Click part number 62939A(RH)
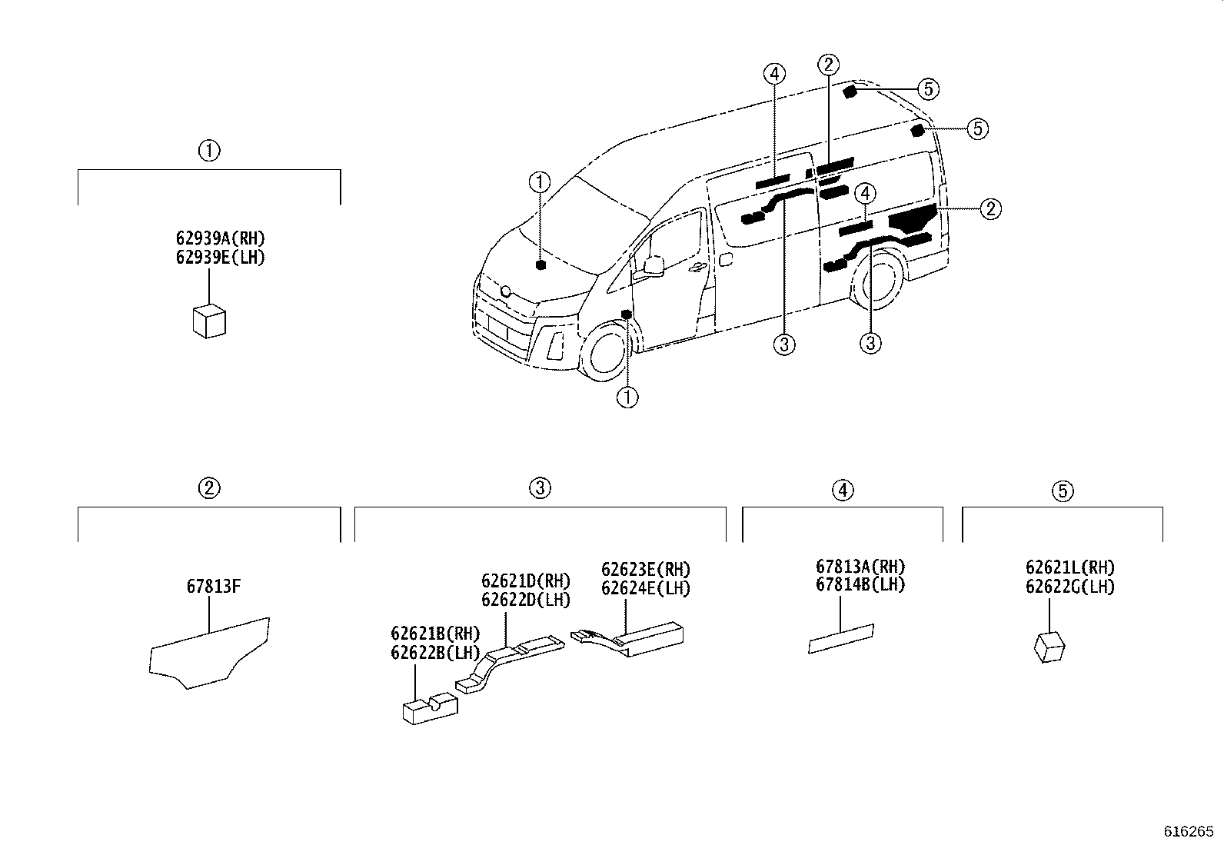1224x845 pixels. click(x=220, y=238)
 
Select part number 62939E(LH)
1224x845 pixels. click(x=220, y=258)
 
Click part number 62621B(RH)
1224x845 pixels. click(x=435, y=634)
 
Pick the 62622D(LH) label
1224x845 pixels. click(x=526, y=600)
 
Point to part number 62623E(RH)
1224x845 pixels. click(x=646, y=570)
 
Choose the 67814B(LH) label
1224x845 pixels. click(x=860, y=585)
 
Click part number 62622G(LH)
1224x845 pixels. click(x=1069, y=587)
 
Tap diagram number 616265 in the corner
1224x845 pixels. click(x=1188, y=831)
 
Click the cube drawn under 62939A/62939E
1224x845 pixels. click(x=208, y=321)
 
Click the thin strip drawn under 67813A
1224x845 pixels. click(x=840, y=639)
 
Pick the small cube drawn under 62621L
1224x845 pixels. click(x=1049, y=647)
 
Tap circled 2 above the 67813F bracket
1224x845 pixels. click(x=208, y=487)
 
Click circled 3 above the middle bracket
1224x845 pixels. click(x=540, y=487)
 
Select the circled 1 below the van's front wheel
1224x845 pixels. click(x=628, y=398)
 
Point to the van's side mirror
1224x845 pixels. click(x=654, y=265)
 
